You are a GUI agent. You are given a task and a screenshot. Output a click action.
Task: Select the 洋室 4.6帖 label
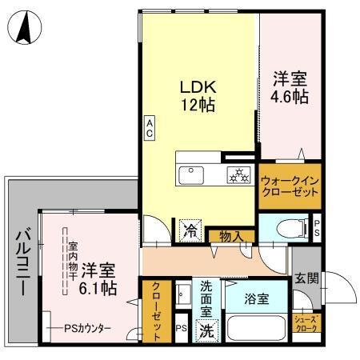pyautogui.click(x=290, y=87)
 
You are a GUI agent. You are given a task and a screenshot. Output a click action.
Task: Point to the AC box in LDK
pyautogui.click(x=150, y=127)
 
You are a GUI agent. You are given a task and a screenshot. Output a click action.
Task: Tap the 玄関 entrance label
pyautogui.click(x=306, y=278)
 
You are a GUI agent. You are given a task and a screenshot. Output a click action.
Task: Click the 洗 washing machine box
pyautogui.click(x=207, y=328)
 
